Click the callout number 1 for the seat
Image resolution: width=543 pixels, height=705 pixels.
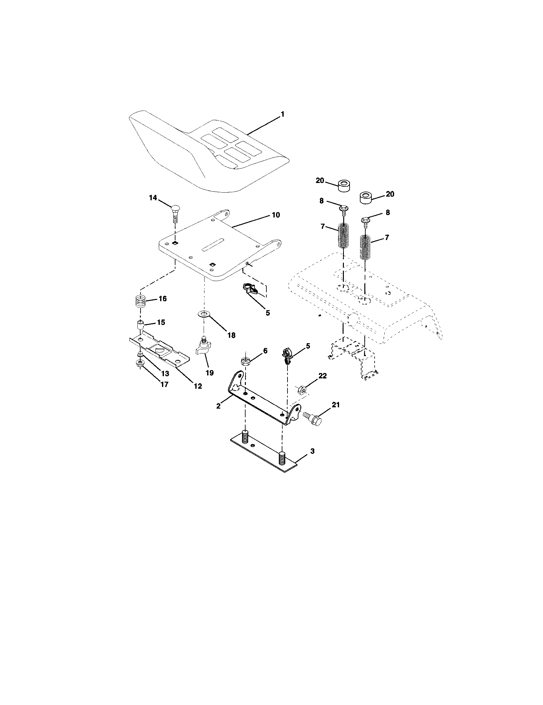282,114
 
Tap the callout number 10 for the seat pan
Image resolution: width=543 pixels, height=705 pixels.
276,215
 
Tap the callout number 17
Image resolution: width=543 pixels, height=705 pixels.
165,385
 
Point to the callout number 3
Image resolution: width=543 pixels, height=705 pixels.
312,451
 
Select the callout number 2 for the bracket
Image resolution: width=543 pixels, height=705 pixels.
218,406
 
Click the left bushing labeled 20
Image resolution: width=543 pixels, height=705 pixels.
344,186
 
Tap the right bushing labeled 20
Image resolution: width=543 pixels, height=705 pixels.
366,197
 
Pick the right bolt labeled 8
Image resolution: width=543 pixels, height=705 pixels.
366,222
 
